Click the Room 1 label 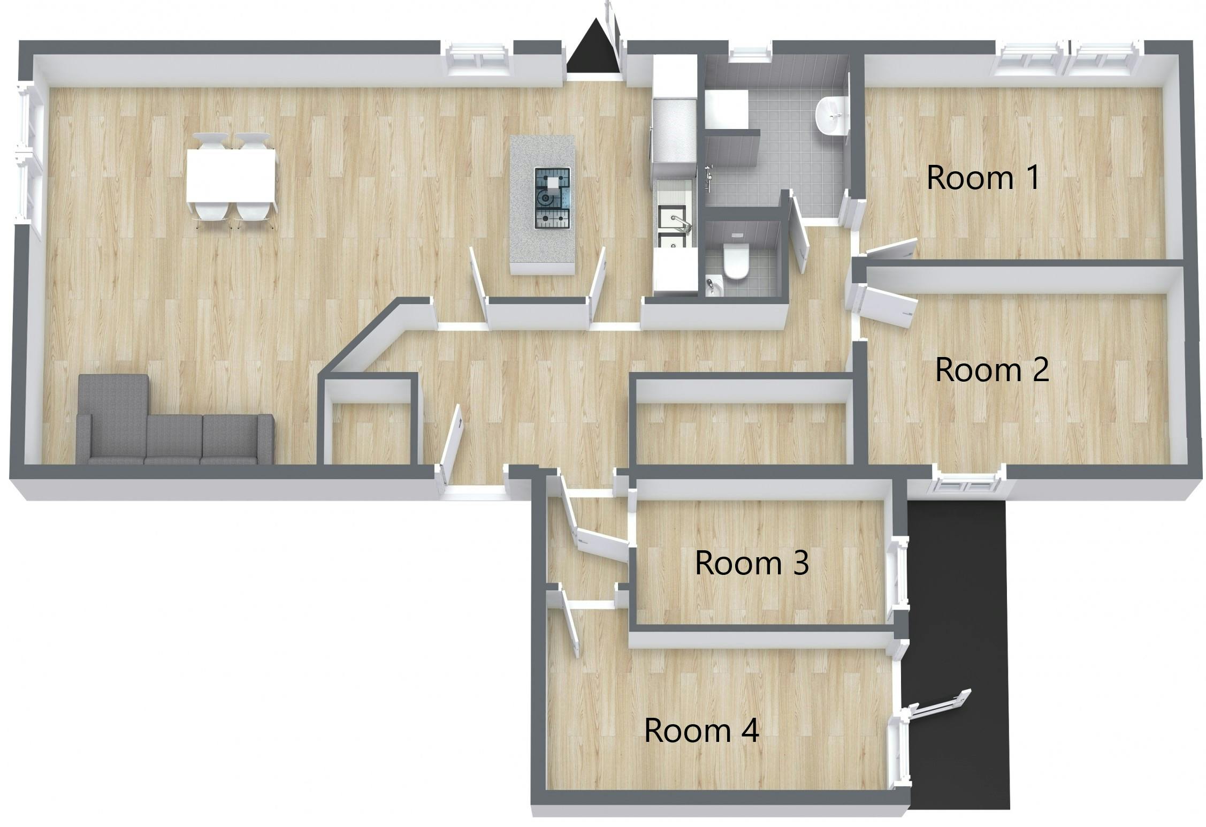983,178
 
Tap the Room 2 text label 991,370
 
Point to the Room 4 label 701,730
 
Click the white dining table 231,175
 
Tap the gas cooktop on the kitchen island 552,198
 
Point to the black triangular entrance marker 593,48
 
